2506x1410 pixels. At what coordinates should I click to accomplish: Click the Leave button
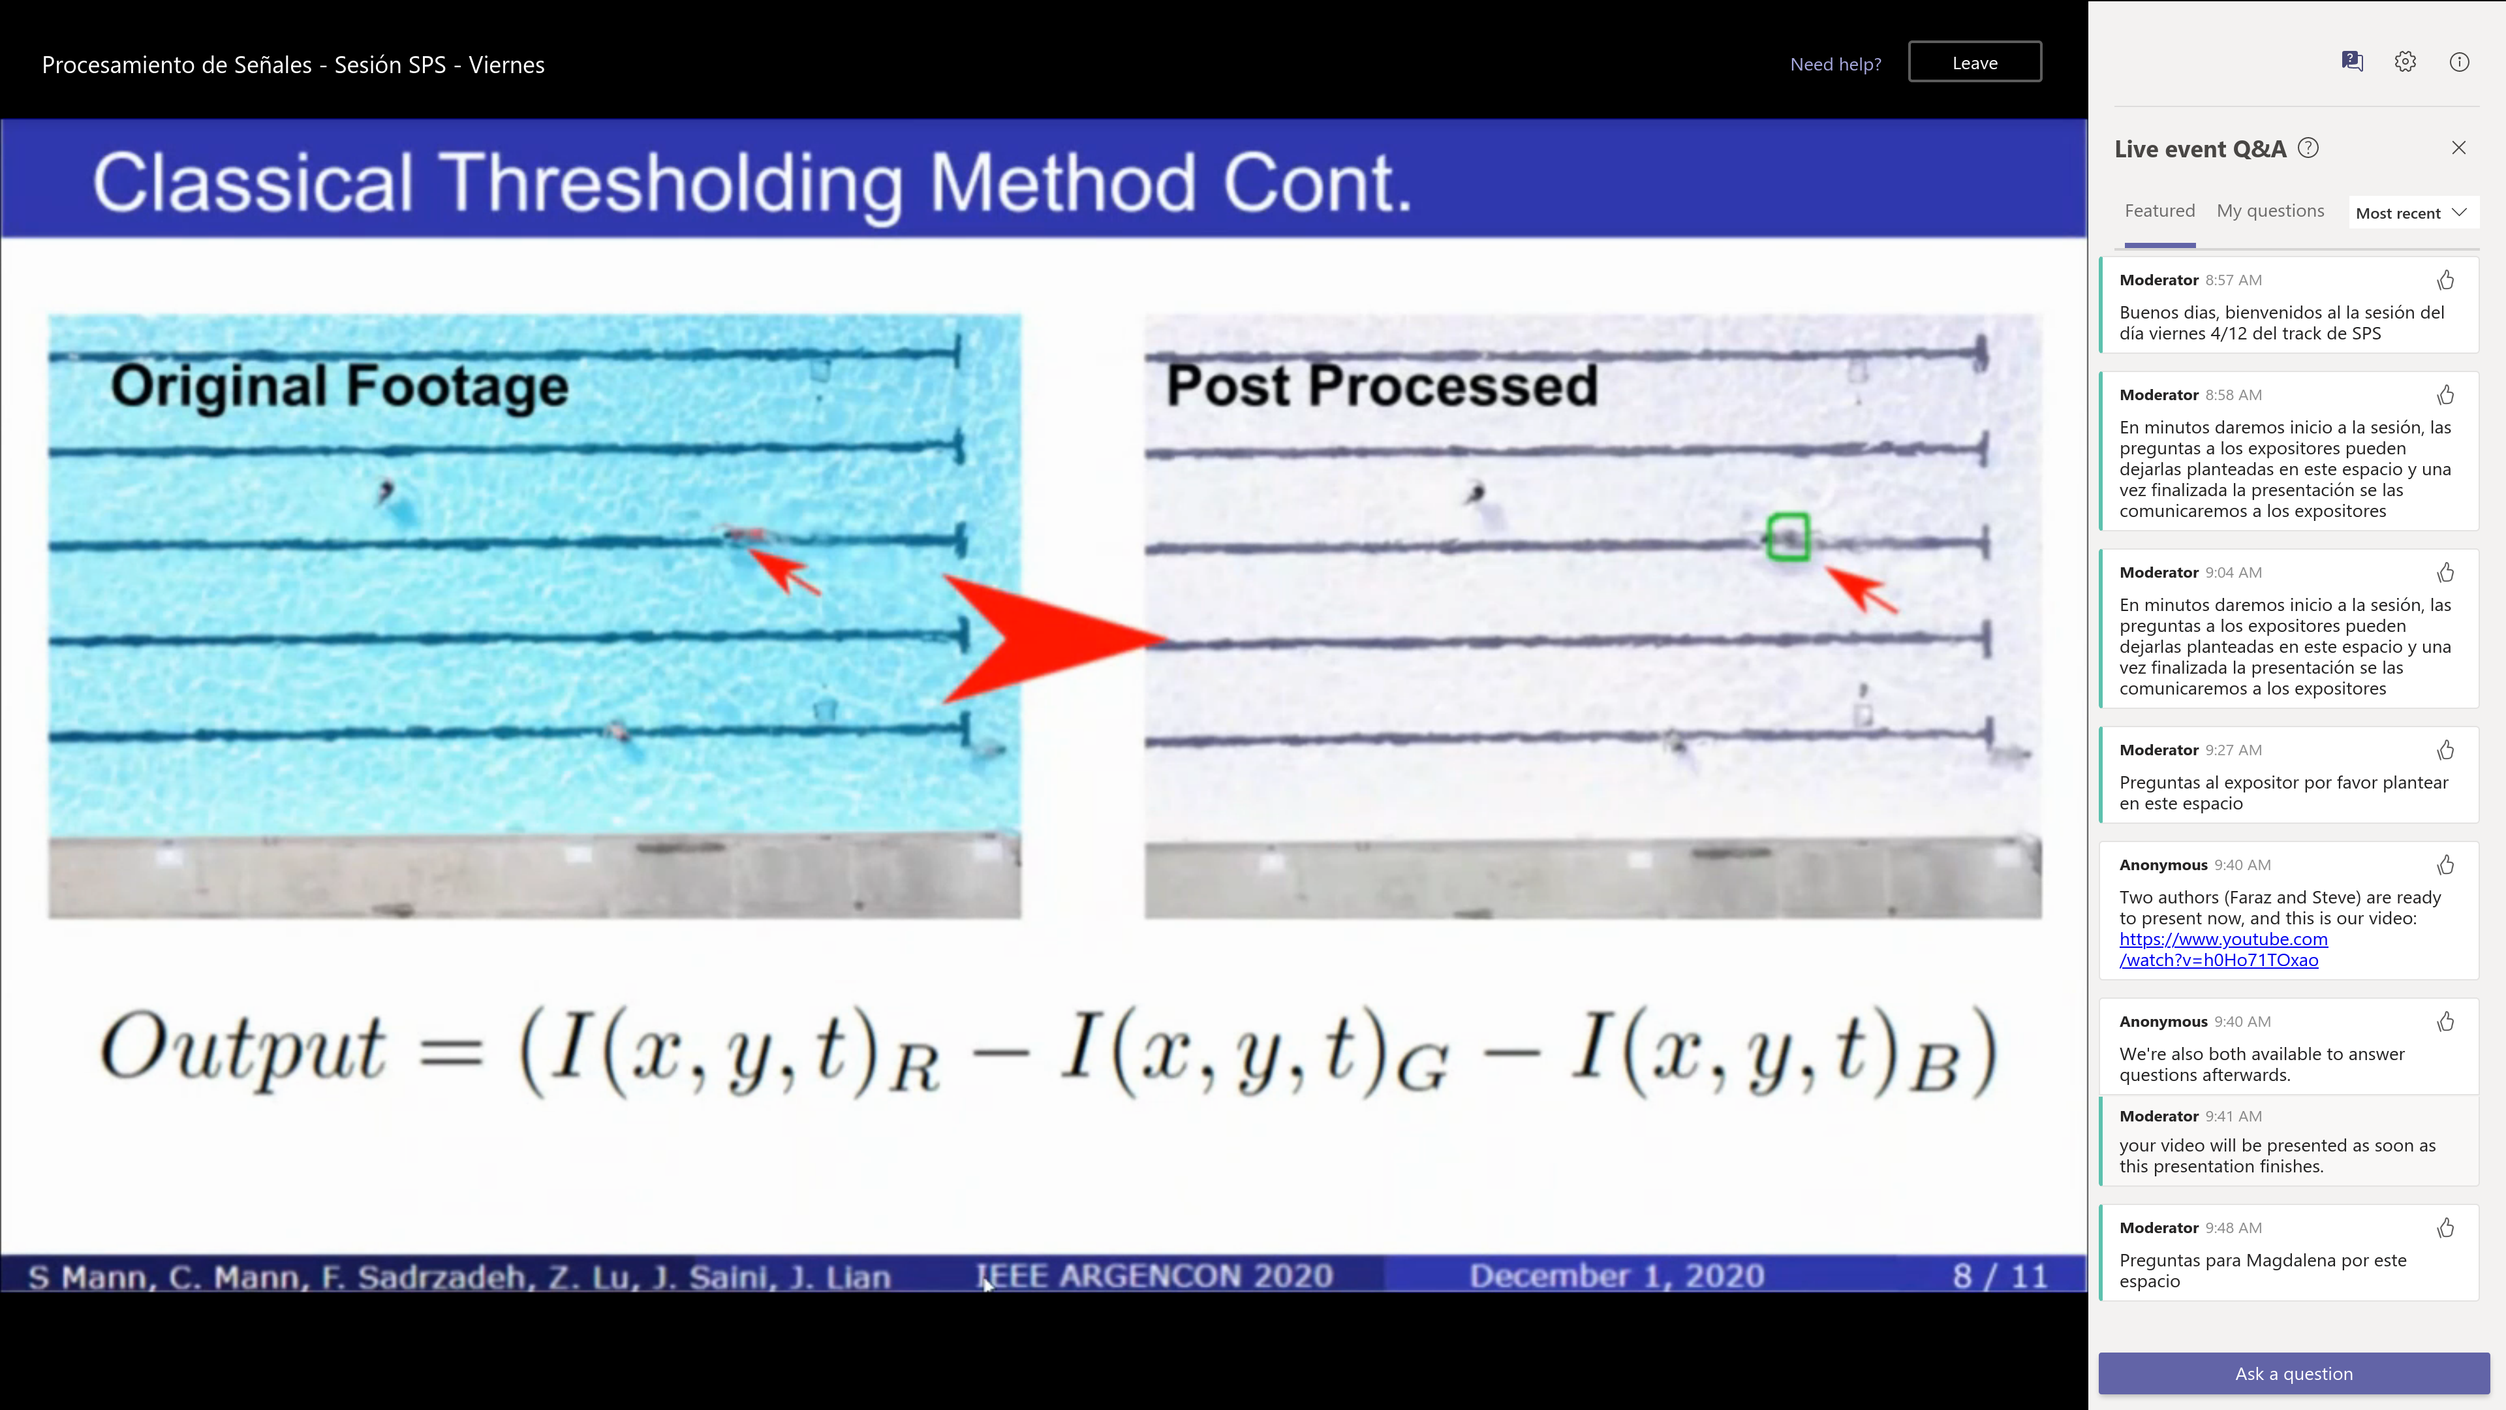[1974, 62]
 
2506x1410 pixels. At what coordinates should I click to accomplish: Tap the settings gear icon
[2405, 62]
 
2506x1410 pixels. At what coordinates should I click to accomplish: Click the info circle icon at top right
[2459, 62]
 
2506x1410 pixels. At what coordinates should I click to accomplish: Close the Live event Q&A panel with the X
[2458, 148]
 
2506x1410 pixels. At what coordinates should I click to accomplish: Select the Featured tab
[2159, 211]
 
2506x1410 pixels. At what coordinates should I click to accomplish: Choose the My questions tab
[2270, 211]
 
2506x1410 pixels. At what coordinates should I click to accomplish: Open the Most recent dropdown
[2411, 213]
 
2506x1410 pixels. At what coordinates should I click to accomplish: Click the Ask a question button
[2293, 1373]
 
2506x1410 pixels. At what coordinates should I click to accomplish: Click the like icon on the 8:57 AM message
[2445, 280]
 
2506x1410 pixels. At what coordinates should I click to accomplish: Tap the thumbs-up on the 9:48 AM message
[2445, 1228]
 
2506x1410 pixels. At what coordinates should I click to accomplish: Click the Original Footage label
[339, 386]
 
